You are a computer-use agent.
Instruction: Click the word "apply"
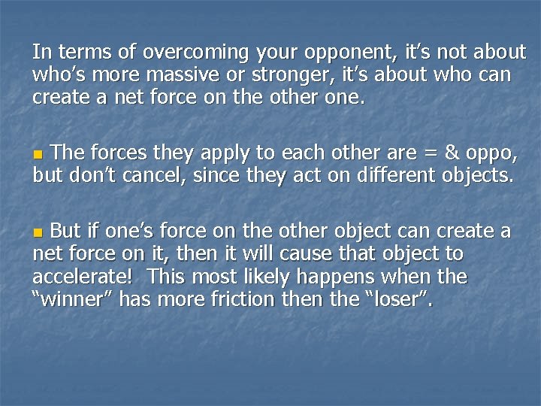(227, 154)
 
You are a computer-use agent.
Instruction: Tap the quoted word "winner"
(74, 300)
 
